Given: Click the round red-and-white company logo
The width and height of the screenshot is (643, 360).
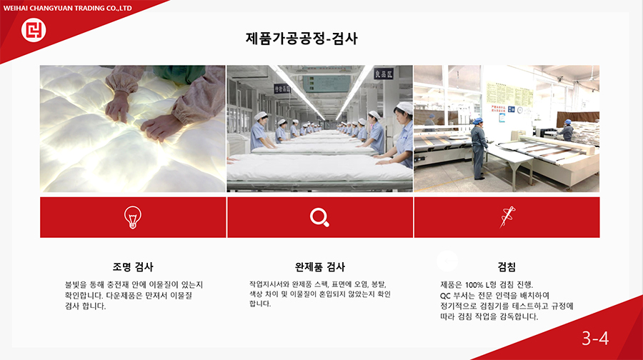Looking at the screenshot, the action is point(34,30).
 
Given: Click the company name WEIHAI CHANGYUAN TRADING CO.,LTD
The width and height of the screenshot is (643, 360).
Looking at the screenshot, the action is point(68,8).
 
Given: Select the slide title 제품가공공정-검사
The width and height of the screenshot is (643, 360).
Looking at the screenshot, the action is point(301,39).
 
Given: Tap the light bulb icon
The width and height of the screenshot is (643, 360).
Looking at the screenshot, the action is point(133,217).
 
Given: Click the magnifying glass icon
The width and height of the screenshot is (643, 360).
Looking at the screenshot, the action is point(319,217).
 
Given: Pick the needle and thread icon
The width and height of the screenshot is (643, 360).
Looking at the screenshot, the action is point(507,217).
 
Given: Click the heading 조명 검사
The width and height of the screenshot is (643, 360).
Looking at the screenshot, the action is point(133,267).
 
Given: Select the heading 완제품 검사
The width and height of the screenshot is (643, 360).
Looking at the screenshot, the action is point(320,267).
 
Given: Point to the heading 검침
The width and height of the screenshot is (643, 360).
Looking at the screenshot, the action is point(507,267).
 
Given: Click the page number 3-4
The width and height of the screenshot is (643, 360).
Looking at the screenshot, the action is point(595,339).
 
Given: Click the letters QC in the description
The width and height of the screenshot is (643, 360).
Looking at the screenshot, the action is point(445,296).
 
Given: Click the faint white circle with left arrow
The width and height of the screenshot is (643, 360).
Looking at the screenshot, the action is point(447,261).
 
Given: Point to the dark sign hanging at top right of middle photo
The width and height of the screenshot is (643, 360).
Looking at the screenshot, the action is point(384,74).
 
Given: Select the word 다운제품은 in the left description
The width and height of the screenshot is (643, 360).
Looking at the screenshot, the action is point(124,295).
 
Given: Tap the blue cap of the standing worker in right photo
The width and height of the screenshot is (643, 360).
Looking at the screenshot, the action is point(477,121).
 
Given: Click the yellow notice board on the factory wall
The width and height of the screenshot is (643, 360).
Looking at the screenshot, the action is point(509,94).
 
